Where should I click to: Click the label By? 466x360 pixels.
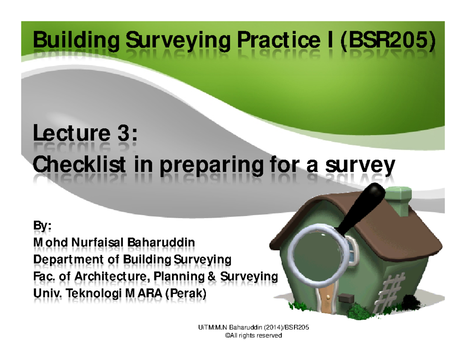click(43, 226)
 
